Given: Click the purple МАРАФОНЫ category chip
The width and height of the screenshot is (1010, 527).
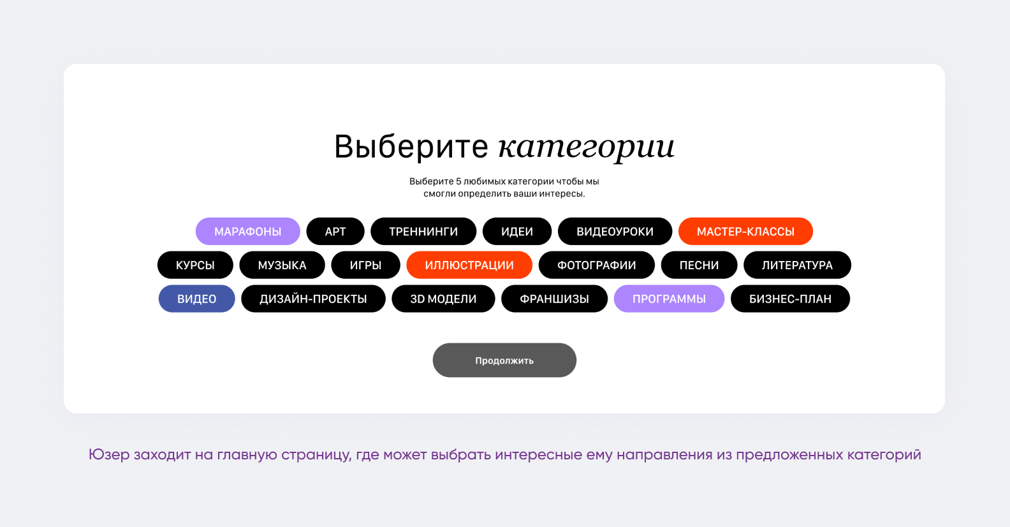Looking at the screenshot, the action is pos(247,232).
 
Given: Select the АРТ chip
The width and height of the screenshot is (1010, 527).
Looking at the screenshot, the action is pos(335,232).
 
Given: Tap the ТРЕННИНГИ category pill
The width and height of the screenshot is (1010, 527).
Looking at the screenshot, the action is pos(423,232).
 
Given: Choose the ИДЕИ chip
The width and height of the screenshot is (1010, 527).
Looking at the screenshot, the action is pos(516,232).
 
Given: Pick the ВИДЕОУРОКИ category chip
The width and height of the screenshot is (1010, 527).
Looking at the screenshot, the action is pos(615,232).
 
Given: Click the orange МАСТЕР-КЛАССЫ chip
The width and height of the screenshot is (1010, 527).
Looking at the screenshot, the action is pos(746,232).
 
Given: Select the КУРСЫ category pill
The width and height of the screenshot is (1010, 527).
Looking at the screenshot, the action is pos(195,265).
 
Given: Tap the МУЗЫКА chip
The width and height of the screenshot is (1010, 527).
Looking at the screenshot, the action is pos(282,265).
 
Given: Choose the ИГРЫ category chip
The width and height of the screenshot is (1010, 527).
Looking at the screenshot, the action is pos(365,265).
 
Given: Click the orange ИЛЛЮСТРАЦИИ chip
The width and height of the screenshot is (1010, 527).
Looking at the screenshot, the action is pos(469,265).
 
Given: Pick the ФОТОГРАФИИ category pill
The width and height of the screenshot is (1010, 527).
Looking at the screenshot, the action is pos(597,265).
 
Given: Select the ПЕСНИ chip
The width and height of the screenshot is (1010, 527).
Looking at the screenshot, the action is pos(699,265).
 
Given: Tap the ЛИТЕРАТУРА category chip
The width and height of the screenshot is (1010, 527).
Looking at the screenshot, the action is pos(797,265).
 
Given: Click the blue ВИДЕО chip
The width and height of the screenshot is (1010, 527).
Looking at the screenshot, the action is pos(196,299).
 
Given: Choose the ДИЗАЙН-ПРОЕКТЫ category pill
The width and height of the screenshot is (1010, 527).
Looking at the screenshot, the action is pos(313,299).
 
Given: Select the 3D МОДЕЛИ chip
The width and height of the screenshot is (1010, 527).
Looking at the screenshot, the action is pos(443,299).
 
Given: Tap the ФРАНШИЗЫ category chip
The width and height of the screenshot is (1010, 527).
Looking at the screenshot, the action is pos(555,299).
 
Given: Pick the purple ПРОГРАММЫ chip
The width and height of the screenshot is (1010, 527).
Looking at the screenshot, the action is pos(669,299).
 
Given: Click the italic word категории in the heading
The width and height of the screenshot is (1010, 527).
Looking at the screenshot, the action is pos(586,147).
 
